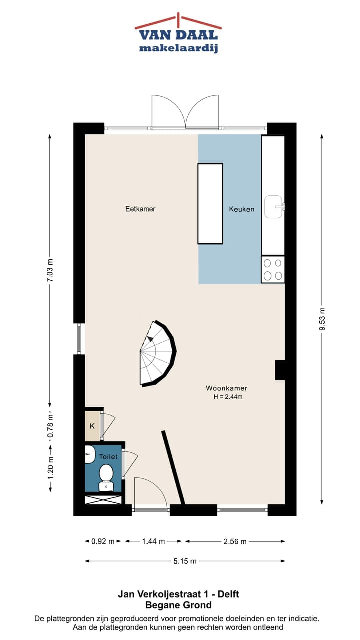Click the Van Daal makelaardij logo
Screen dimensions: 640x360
(x=178, y=34)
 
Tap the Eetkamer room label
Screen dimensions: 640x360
(x=140, y=209)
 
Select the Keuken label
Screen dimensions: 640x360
(x=242, y=209)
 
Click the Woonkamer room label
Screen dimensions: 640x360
(x=226, y=388)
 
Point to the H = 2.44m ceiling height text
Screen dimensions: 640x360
(x=228, y=397)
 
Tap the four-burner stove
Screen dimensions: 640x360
(x=273, y=269)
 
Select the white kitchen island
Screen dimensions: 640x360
(x=210, y=203)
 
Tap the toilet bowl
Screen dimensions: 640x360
(x=106, y=475)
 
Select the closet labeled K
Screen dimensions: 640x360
(x=92, y=426)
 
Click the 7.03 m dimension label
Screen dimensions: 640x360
(x=50, y=271)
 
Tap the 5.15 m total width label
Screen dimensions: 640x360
(x=184, y=561)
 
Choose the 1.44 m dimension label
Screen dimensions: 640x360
(x=154, y=541)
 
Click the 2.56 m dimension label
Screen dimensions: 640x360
(x=234, y=541)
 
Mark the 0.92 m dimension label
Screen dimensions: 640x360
(x=103, y=541)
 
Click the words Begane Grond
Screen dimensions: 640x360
(x=178, y=605)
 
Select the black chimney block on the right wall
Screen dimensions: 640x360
(x=280, y=370)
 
